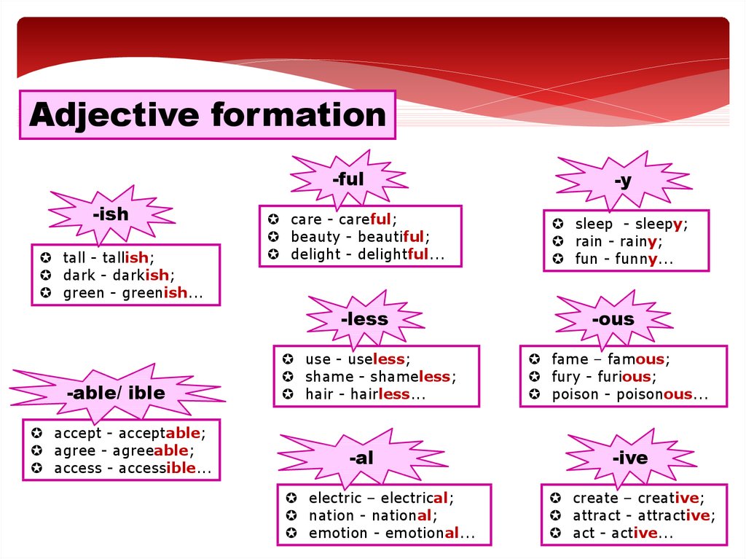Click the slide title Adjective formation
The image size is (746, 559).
coord(208,115)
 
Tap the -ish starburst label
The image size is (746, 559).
coord(111,214)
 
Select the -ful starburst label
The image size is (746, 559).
coord(348,179)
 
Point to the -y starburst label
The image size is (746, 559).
coord(622,181)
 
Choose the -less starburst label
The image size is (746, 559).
coord(364,318)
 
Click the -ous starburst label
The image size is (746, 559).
coord(613,318)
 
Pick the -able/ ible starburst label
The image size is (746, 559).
coord(116,393)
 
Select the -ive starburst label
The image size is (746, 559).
coord(629,458)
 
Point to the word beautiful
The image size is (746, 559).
coord(391,237)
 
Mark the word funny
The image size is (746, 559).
coord(636,259)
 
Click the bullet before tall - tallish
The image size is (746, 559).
coord(45,258)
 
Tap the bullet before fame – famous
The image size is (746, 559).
coord(534,359)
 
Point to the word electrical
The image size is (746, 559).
coord(414,498)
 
